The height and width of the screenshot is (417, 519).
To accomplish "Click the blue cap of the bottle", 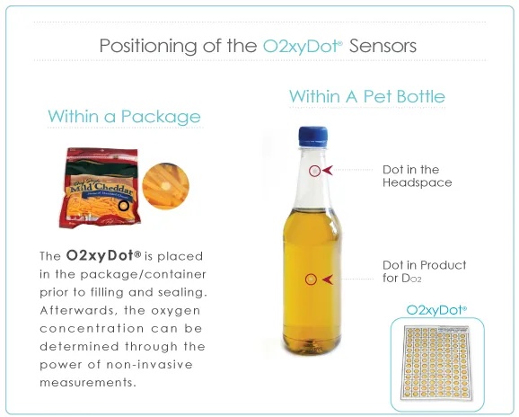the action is (312, 137).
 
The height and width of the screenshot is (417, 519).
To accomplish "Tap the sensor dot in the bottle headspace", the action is (315, 171).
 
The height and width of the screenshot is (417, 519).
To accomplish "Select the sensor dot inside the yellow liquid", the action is (311, 279).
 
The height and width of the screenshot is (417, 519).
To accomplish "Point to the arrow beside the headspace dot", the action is (328, 171).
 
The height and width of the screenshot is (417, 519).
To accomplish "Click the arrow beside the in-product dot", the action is (328, 279).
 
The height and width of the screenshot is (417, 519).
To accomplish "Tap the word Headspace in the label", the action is (418, 182).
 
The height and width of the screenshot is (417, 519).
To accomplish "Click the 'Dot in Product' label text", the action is (425, 265).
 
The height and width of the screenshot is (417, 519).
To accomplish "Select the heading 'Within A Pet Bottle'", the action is (367, 96).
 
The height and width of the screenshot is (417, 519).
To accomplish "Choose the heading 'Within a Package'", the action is (125, 117).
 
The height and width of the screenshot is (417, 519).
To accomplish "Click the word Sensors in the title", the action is (383, 46).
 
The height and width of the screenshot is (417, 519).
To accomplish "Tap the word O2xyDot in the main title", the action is (303, 46).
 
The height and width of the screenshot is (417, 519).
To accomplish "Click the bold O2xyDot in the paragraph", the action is (103, 255).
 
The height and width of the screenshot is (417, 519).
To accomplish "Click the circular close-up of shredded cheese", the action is (165, 185).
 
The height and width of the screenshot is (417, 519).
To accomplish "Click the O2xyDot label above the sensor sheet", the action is (436, 310).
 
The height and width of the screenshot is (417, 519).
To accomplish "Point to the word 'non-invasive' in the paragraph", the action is (149, 365).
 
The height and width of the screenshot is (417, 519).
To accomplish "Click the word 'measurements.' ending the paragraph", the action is (88, 383).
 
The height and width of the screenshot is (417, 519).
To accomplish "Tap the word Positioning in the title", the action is (148, 47).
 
